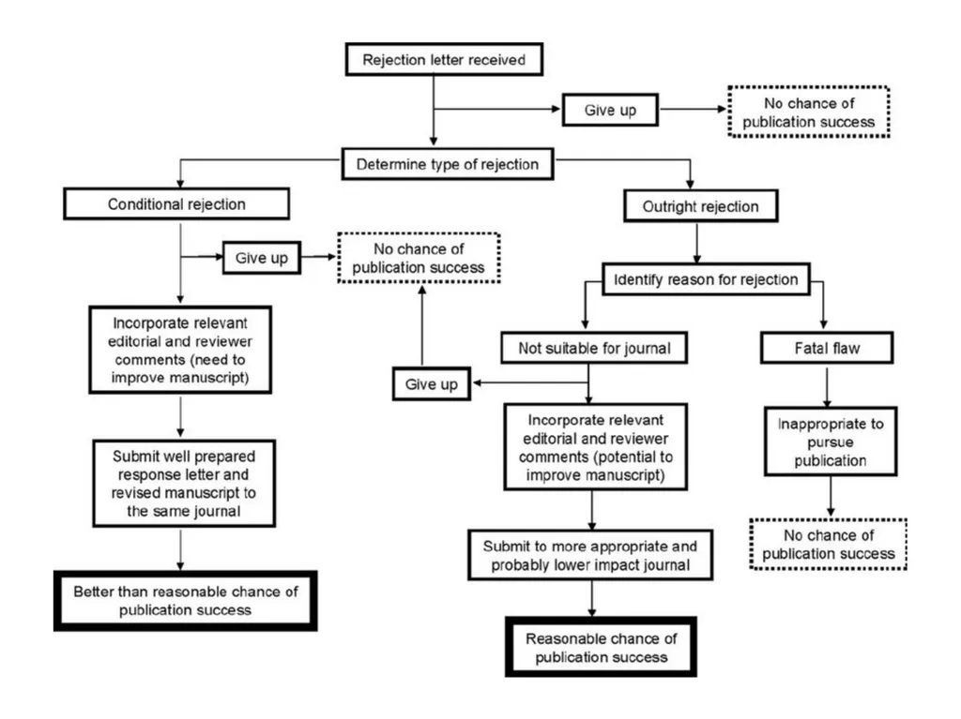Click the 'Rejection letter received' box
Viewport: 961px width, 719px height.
pos(444,59)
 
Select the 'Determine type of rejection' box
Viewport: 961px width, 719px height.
pos(448,164)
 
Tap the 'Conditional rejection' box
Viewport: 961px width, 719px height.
pos(176,204)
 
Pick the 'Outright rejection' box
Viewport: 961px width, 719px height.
pos(700,206)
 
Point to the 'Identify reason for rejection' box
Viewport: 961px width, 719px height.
pos(706,279)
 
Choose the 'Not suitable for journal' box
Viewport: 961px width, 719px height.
pos(594,348)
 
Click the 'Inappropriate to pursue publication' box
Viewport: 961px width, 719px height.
pos(831,442)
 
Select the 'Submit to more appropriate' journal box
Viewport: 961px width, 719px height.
pos(590,555)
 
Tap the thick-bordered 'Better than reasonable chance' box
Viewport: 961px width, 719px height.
pos(185,601)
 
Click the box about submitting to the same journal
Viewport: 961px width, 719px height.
pos(184,483)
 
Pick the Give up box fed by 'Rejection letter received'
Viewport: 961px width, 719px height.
pos(610,110)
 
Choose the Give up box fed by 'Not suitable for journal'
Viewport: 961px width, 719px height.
pos(432,384)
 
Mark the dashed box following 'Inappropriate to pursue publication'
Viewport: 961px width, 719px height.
pos(828,545)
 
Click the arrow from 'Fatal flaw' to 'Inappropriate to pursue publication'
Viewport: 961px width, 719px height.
pos(827,387)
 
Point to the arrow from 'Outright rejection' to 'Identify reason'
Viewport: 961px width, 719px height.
pos(697,243)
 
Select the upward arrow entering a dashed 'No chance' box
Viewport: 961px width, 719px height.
pos(421,325)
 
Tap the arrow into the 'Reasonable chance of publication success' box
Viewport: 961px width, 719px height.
pos(591,598)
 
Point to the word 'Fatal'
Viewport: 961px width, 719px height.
pos(810,349)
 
